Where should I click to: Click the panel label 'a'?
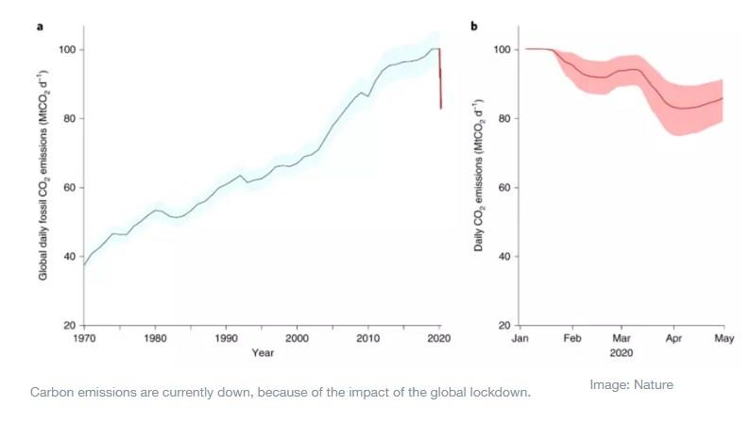coord(40,25)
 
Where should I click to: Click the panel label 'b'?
coord(474,25)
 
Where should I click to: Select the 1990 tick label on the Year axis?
coord(226,337)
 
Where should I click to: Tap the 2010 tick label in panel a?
coord(368,337)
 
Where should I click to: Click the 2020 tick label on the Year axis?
coord(439,337)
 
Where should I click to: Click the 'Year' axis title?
coord(264,353)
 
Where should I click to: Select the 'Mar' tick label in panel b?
coord(621,337)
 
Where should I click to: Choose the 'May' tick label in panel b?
coord(724,337)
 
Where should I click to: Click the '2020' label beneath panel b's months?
coord(621,353)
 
